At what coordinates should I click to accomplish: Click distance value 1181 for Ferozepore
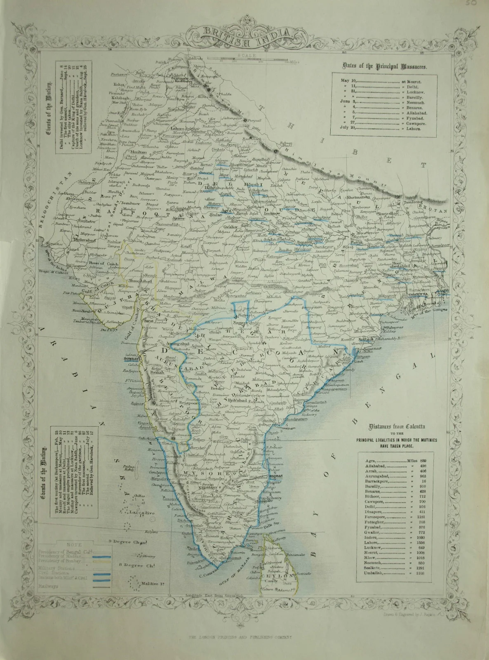[x=420, y=517]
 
